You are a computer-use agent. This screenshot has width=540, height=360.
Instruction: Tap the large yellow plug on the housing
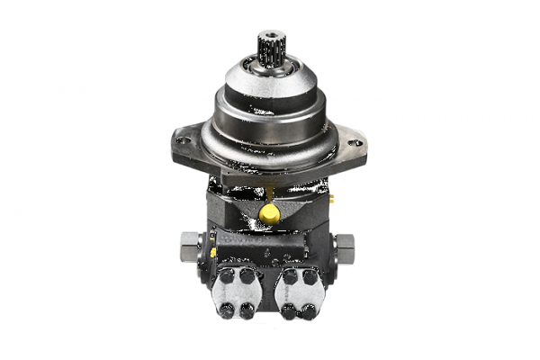(268, 212)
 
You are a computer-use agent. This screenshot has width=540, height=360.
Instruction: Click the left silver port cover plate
(238, 292)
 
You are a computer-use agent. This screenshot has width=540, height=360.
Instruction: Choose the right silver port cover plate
(301, 292)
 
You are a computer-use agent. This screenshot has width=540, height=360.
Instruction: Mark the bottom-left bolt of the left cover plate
(227, 310)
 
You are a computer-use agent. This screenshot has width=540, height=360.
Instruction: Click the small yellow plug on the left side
(213, 253)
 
